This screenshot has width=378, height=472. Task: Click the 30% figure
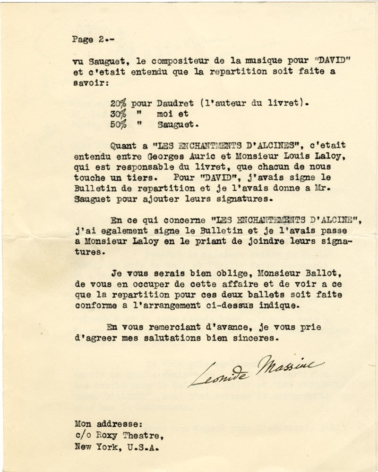point(118,114)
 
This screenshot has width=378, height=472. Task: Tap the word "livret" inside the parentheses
point(278,103)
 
